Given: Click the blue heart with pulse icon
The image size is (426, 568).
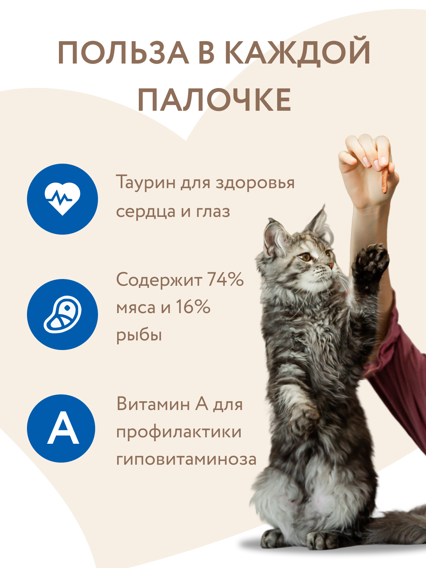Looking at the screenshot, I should [x=62, y=199].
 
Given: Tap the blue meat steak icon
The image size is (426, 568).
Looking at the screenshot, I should [x=62, y=314].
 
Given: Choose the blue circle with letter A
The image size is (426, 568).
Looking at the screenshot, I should [x=61, y=428].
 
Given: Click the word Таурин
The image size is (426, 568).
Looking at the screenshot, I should [x=146, y=182].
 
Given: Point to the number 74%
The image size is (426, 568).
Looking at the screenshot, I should [x=225, y=279].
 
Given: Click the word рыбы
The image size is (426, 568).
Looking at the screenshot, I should [x=139, y=335].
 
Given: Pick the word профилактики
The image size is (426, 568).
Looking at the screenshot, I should [x=179, y=432].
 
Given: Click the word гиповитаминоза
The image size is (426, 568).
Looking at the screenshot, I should [x=186, y=459].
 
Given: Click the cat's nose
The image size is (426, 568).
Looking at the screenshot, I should [x=331, y=265].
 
